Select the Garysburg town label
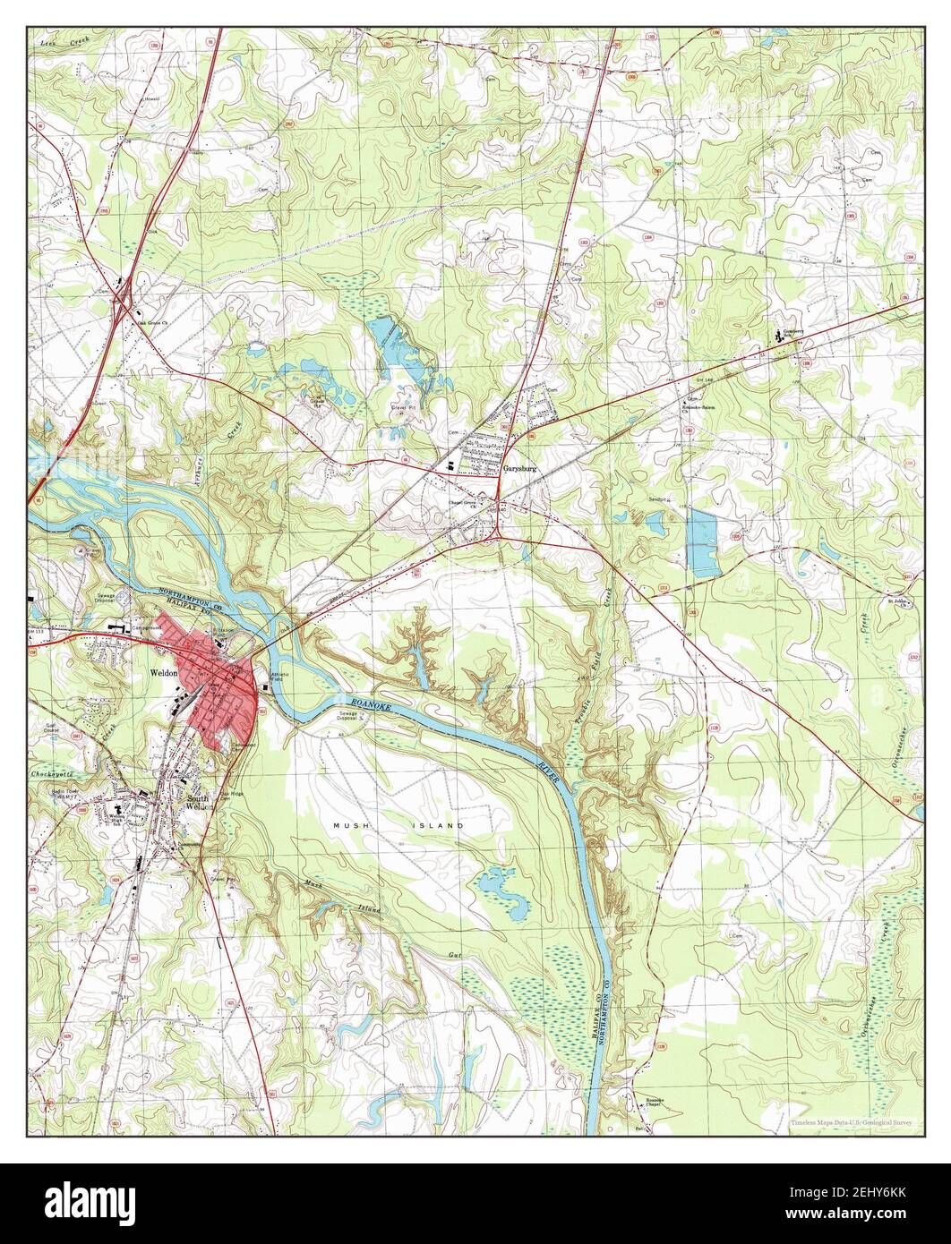[524, 468]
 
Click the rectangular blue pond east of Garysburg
[702, 542]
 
